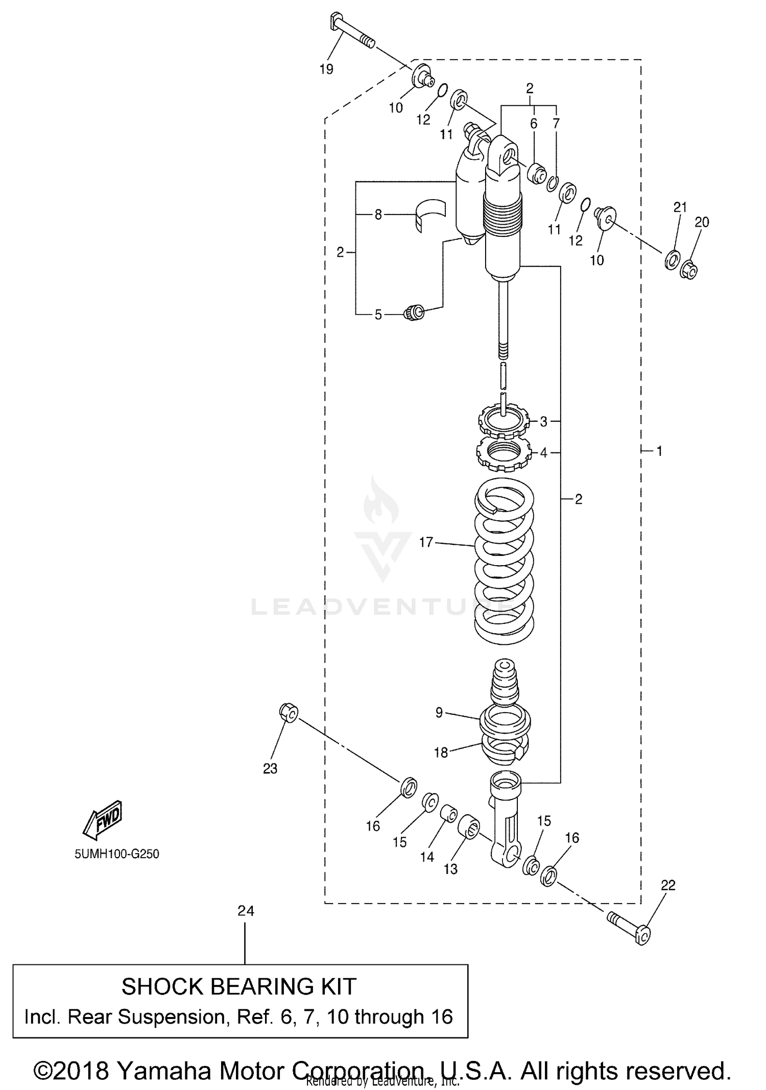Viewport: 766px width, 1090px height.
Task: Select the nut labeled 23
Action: point(289,713)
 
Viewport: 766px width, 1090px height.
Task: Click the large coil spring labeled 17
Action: point(505,562)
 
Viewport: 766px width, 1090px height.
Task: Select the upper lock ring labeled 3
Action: point(502,422)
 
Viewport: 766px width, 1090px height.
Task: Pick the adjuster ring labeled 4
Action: point(501,453)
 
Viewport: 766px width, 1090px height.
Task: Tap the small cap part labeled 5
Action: point(414,312)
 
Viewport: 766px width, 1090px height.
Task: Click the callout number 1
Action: point(659,451)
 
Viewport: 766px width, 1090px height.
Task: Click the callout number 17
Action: point(426,542)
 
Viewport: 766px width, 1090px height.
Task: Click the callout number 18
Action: point(441,752)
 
